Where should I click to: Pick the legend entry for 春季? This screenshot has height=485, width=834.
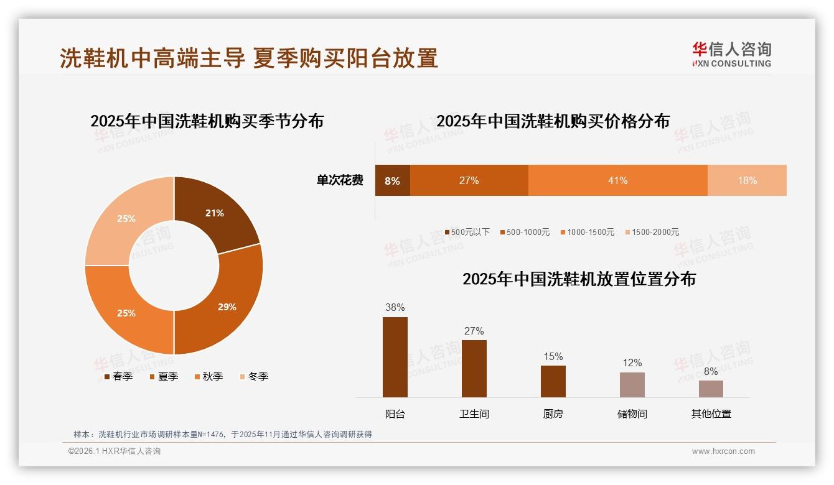point(118,376)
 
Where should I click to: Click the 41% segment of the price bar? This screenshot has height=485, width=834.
point(617,180)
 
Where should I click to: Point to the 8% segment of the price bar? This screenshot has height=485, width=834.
point(392,181)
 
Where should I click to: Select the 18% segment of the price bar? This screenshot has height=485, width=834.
point(747,180)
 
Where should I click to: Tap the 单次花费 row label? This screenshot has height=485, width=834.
point(340,180)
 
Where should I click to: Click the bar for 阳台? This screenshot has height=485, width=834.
point(395,357)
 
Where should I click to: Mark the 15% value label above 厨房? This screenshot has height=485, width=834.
point(553,356)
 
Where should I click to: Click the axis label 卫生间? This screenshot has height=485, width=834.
point(474,413)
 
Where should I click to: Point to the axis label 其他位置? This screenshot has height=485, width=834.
point(711,413)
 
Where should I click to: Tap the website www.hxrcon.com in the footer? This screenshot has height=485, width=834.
point(723,451)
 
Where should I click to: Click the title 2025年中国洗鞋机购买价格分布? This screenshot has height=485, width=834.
point(553,121)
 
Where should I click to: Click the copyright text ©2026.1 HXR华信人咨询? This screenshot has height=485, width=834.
point(115,451)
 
